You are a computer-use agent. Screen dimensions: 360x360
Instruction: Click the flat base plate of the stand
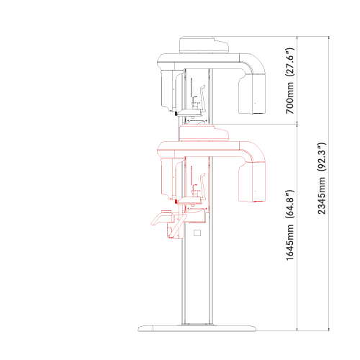pos(198,328)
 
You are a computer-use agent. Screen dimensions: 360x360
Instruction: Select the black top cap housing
pos(204,45)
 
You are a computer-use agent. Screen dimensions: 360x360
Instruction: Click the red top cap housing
pos(204,132)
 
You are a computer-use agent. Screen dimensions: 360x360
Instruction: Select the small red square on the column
pos(196,233)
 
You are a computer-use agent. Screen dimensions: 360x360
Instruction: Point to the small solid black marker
pos(176,114)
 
